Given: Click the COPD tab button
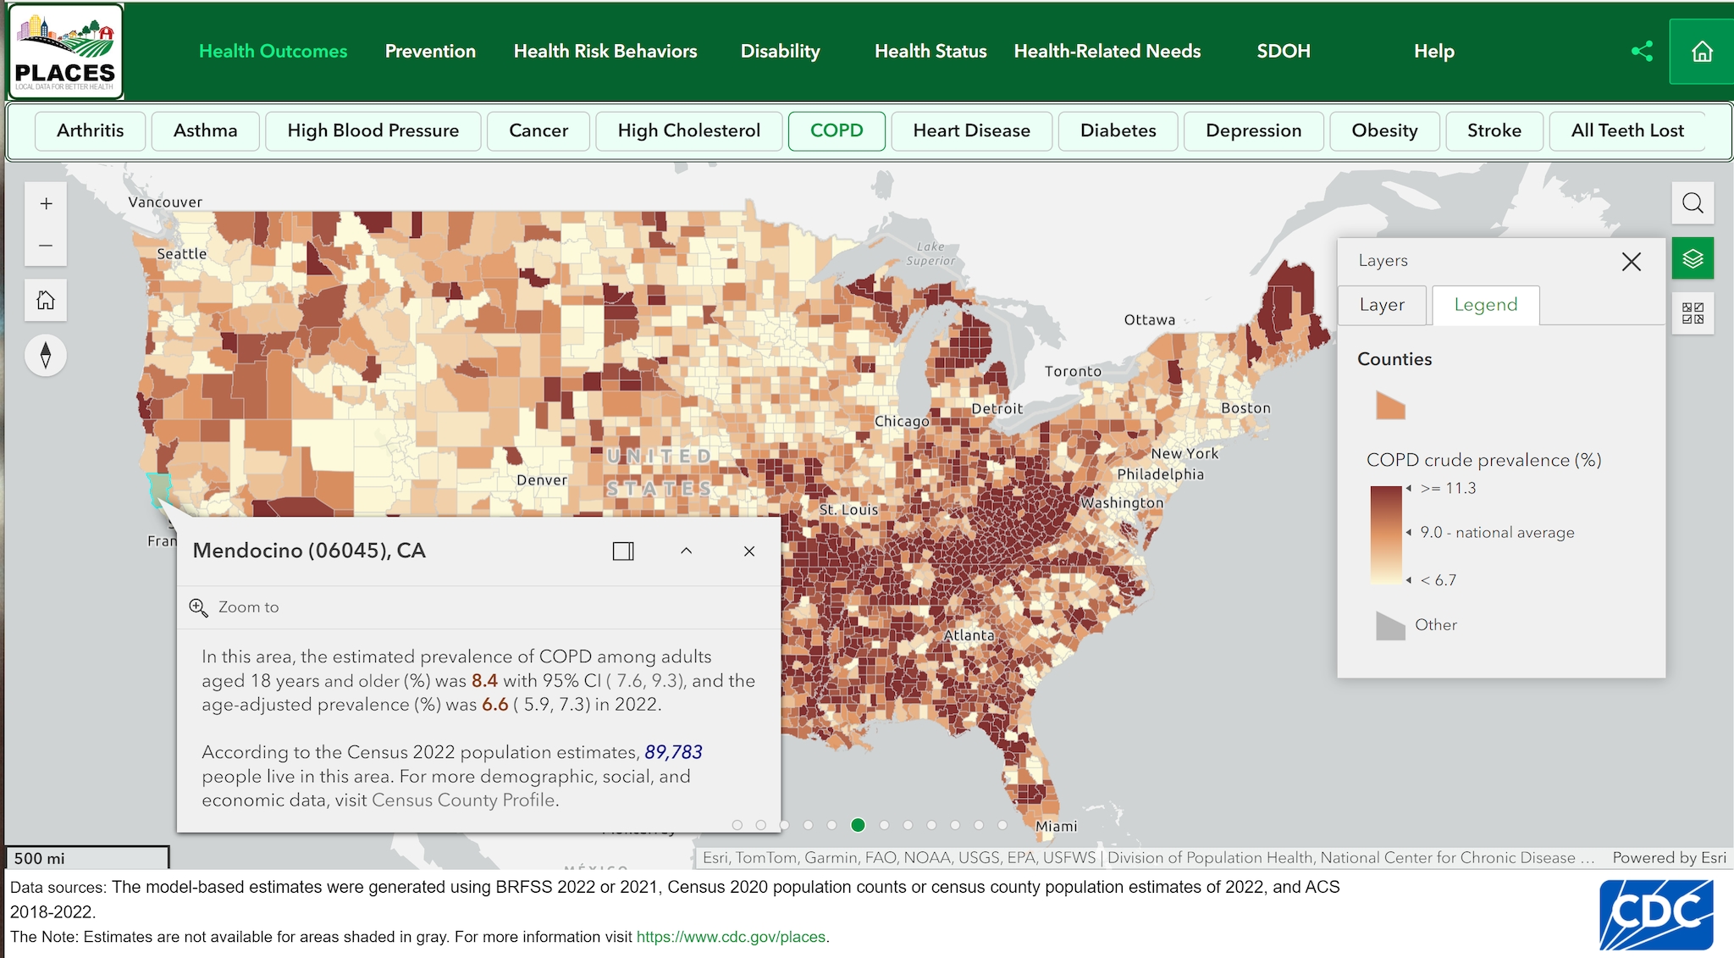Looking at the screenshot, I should coord(837,130).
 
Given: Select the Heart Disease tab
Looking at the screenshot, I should coord(971,130).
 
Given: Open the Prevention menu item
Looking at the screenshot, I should coord(430,51).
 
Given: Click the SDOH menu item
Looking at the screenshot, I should coord(1283,51).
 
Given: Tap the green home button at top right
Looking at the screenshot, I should coord(1702,52).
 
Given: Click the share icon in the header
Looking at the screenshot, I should coord(1642,52).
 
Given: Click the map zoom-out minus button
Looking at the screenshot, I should coord(46,246).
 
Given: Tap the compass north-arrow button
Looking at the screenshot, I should coord(46,355).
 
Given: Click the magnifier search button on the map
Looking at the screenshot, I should coord(1693,203).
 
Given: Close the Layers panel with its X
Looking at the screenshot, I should coord(1631,262).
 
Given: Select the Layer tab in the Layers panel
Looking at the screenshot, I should coord(1382,305).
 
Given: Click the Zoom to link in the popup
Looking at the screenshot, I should coord(248,607).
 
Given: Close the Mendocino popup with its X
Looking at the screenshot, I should coord(749,551).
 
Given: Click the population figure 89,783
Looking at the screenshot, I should coord(673,752).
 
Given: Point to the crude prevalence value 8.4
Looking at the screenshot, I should coord(484,681).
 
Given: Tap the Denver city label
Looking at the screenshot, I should coord(542,480).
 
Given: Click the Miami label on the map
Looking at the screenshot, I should coord(1057,826).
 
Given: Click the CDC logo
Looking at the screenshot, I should coord(1656,915).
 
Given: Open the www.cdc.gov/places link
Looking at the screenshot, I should coord(732,937).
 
